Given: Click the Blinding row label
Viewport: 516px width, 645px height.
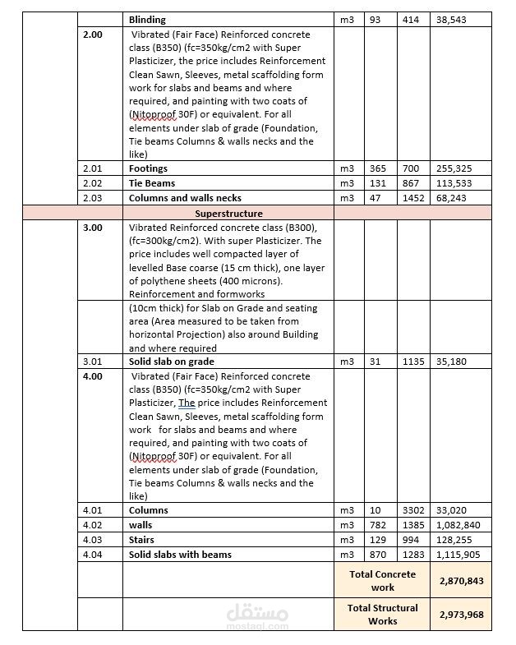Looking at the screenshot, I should point(147,19).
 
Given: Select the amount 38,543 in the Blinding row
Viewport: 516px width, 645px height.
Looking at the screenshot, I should point(453,19).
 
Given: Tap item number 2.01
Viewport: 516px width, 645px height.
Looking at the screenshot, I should point(92,168).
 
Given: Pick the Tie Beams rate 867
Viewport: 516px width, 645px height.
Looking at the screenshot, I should point(410,183).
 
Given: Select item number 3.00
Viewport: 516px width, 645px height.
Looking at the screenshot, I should point(93,228).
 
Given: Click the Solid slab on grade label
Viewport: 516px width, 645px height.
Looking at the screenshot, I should point(172,362).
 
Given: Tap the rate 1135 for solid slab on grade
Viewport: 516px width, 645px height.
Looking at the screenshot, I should point(412,362).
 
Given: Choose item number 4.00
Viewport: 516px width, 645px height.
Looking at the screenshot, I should point(93,376).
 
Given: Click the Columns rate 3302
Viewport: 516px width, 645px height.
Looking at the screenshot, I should point(412,510).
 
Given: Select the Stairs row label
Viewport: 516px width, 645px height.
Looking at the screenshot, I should point(142,540).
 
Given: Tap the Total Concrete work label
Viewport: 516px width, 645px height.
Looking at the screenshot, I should point(382,580).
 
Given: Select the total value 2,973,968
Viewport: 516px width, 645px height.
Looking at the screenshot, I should point(460,614).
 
